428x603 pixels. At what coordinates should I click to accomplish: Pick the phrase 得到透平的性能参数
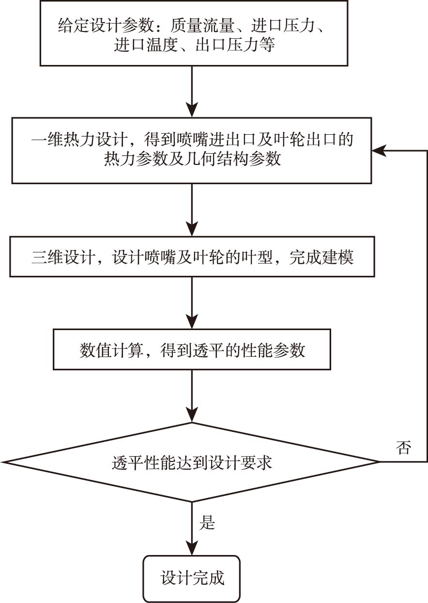click(232, 350)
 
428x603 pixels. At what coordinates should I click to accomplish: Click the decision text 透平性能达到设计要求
click(192, 463)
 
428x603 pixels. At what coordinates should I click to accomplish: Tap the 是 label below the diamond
click(207, 523)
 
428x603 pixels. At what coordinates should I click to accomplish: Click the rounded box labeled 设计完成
click(192, 578)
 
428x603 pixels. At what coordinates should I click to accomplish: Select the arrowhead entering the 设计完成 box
click(192, 548)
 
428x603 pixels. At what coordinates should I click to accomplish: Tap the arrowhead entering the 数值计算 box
click(192, 323)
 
